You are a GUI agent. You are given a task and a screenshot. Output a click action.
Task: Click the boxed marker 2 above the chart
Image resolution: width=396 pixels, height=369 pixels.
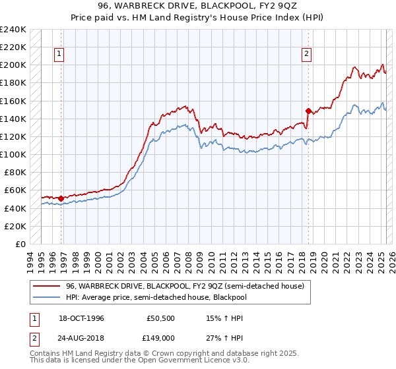coord(308,55)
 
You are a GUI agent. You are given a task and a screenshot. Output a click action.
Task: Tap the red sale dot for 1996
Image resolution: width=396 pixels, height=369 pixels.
coord(61,198)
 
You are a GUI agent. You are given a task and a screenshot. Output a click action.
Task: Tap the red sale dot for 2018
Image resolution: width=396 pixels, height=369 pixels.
coord(308,111)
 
